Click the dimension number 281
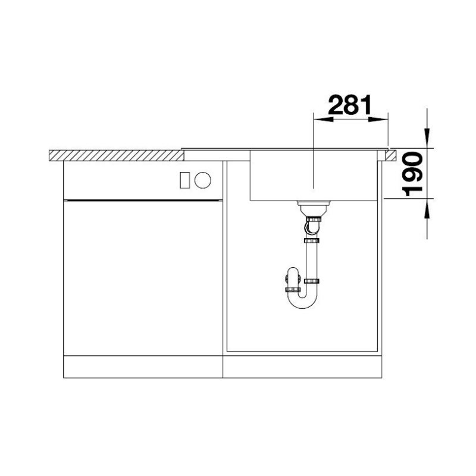[350, 105]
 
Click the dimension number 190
[412, 174]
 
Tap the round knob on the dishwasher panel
[202, 180]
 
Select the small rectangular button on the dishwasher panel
[184, 180]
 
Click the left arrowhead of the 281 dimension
[323, 120]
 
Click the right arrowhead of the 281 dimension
[378, 120]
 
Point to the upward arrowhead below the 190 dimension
[427, 209]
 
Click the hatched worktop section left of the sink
[117, 155]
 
